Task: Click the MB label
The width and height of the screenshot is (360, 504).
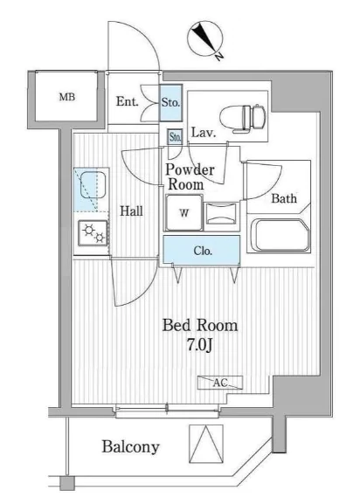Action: coord(67,97)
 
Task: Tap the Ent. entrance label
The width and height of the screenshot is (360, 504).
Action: coord(128,101)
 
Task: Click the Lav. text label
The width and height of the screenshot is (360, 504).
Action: coord(203,133)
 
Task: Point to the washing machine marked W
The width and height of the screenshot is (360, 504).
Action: coord(183,212)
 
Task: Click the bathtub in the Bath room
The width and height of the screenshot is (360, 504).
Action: coord(279,235)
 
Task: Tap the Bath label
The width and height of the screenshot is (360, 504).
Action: coord(284,198)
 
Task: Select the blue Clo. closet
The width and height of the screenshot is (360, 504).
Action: coord(201,250)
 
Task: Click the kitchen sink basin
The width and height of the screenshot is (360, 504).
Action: coord(93,184)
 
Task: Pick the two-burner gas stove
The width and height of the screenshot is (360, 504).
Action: coord(93,233)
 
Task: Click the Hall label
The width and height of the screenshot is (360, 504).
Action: coord(131,211)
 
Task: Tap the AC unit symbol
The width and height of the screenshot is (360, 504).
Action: coord(220,383)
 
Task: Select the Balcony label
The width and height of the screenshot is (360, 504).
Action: coord(130,447)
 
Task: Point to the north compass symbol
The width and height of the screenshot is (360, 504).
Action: coord(205,40)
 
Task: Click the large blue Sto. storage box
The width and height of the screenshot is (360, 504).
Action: coord(170,103)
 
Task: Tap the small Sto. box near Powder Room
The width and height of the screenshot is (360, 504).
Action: coord(175,137)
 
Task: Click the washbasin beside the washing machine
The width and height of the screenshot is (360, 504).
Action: coord(221,213)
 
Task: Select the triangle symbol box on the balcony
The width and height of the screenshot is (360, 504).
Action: coord(205,445)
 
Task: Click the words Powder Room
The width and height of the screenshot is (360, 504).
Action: coord(190,177)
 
